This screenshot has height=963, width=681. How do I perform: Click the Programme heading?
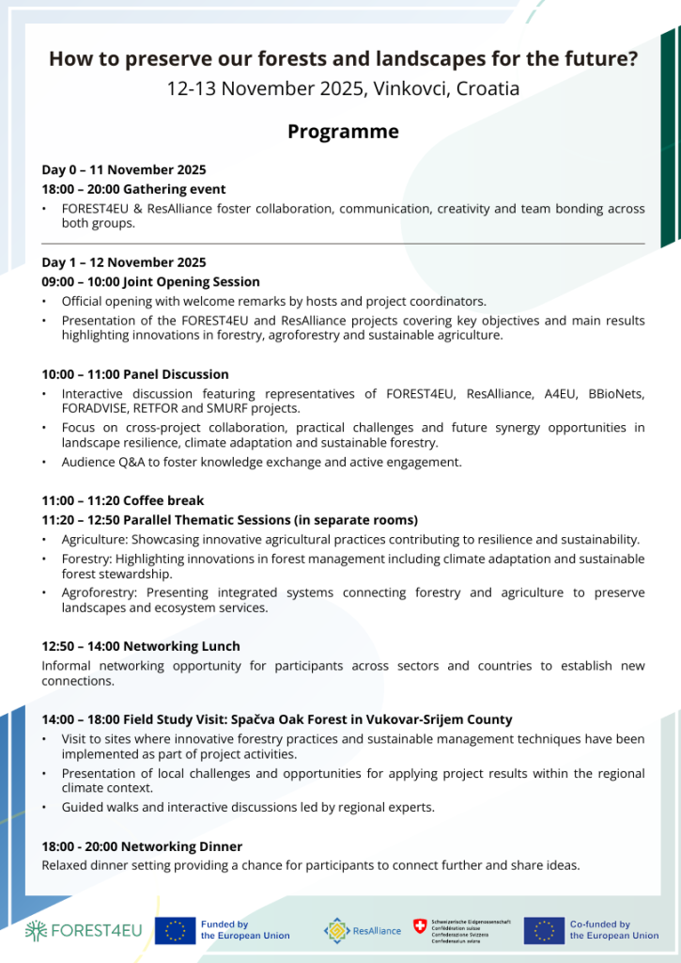(x=343, y=132)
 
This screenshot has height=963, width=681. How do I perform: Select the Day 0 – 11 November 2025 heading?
(x=123, y=170)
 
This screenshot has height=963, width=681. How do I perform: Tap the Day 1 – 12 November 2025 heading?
(x=123, y=262)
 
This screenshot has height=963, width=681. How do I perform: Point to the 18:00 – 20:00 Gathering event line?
(x=133, y=189)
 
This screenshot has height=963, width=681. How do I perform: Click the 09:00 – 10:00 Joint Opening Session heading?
(x=150, y=282)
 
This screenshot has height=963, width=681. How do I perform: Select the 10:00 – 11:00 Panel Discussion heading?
(x=135, y=374)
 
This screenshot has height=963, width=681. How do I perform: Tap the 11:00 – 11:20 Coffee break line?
(x=122, y=500)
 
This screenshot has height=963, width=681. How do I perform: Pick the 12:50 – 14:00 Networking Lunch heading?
(x=141, y=646)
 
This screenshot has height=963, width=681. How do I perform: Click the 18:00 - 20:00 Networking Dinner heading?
(x=142, y=846)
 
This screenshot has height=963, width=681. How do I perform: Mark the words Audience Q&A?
(x=103, y=462)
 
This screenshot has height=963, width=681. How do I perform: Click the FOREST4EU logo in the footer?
(x=85, y=930)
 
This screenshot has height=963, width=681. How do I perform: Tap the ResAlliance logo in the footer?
(x=363, y=930)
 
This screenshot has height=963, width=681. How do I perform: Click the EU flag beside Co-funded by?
(x=544, y=930)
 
